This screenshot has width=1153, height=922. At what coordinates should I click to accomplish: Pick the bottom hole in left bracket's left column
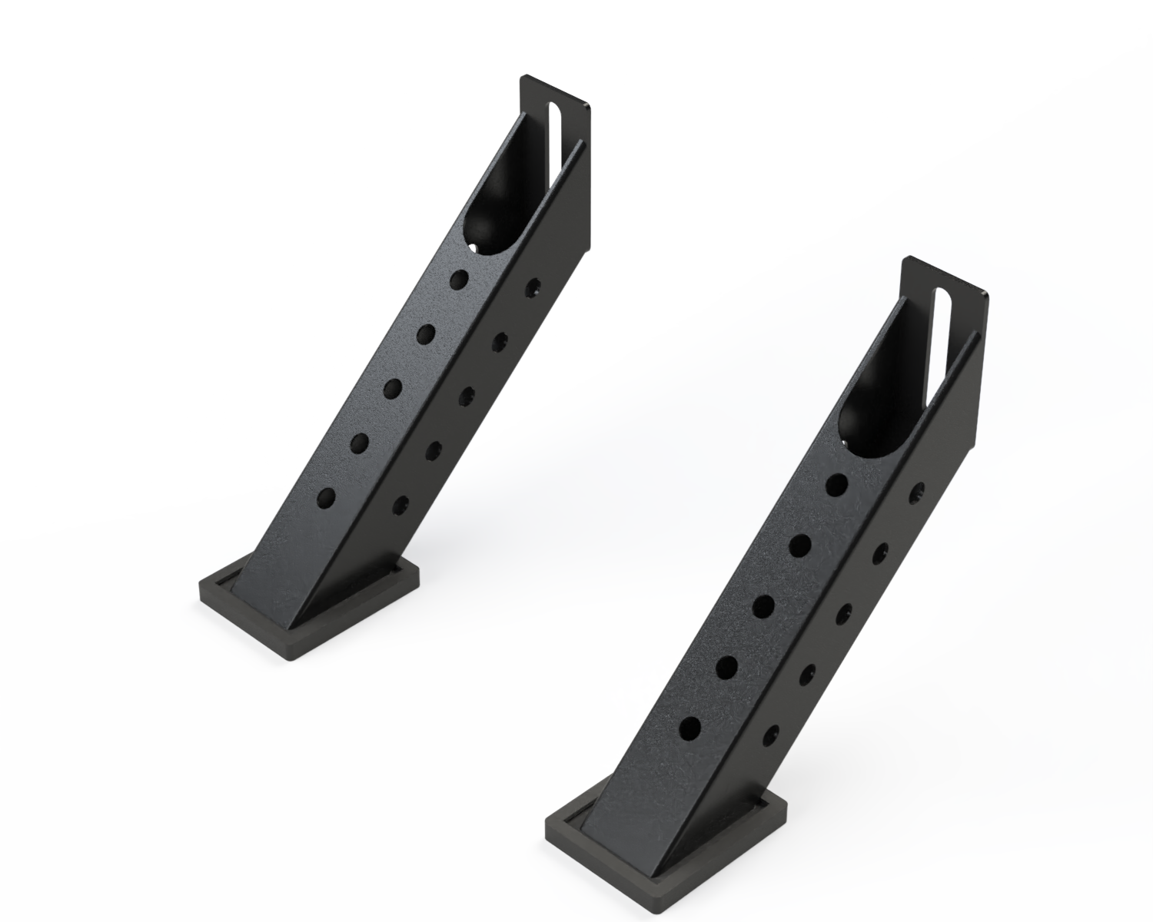click(x=326, y=498)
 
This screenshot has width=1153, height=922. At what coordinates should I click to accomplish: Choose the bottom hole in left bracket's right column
click(x=400, y=505)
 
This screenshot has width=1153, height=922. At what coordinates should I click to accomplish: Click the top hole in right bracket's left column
click(x=837, y=485)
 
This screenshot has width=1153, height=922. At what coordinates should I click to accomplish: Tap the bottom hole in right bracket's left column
click(x=690, y=728)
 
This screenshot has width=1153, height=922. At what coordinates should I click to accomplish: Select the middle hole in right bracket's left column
click(x=763, y=607)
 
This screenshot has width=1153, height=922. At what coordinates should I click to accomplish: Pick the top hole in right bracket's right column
click(x=916, y=493)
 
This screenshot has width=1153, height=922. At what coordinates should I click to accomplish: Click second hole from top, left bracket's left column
click(x=427, y=334)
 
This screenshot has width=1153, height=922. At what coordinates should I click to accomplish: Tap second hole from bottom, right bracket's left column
click(x=726, y=668)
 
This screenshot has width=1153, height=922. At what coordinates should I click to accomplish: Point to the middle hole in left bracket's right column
click(x=467, y=396)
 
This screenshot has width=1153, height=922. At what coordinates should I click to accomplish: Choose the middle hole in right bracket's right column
click(x=842, y=613)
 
